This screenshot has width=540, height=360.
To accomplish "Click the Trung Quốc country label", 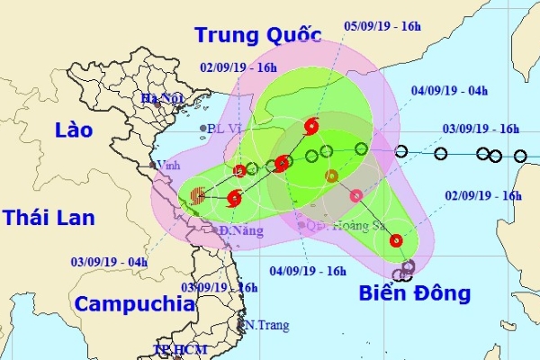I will [x=257, y=35].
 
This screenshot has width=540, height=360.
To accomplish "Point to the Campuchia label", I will [x=135, y=303].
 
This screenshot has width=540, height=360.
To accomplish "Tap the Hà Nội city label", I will [x=163, y=97].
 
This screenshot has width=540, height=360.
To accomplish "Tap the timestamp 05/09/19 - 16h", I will [x=383, y=27].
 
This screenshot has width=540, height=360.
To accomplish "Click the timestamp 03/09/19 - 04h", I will [x=109, y=262].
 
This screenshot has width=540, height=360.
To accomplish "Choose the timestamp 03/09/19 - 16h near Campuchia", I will [x=220, y=287].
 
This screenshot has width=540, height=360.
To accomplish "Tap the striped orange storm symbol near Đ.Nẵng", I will [x=198, y=192].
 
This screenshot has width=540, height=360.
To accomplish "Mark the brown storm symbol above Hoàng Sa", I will [x=331, y=175].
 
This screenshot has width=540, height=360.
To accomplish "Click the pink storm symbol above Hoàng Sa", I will [x=356, y=194].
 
